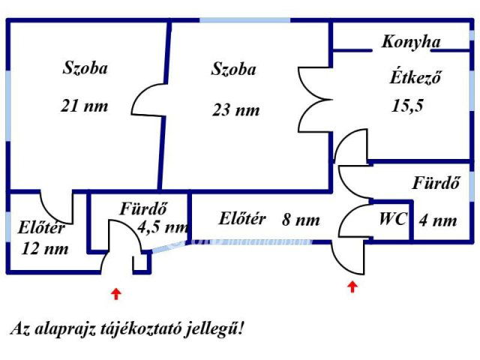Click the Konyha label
click(410, 42)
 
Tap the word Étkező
click(414, 76)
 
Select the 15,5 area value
click(407, 105)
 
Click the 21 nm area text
click(84, 106)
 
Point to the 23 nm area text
click(235, 110)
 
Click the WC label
click(392, 220)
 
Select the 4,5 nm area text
click(162, 226)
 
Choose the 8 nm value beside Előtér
click(301, 220)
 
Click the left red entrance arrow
click(115, 293)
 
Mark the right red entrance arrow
click(352, 286)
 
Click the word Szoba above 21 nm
click(84, 68)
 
